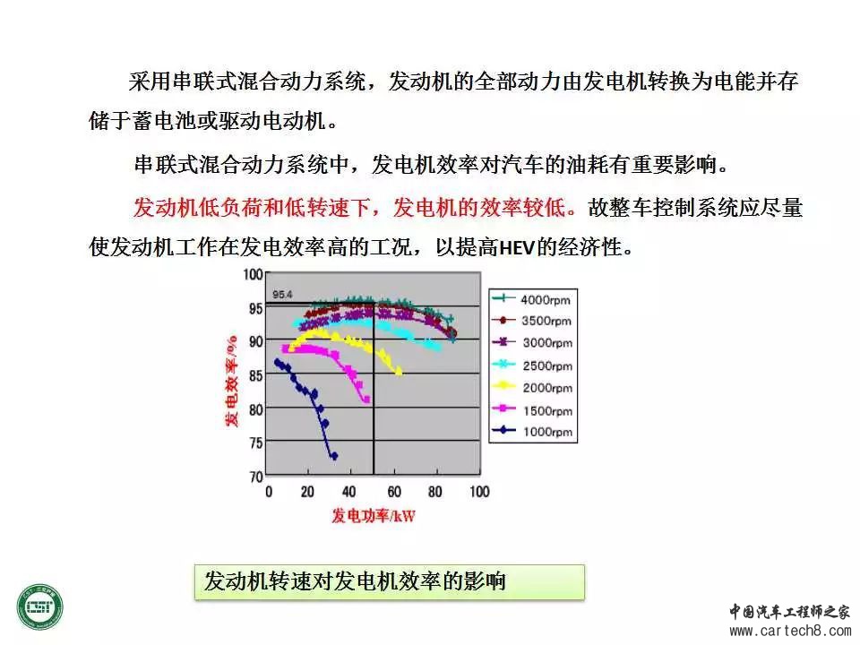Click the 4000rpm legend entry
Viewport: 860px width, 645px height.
click(532, 299)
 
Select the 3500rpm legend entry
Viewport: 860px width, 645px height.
click(532, 321)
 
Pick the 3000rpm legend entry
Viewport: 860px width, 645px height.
click(532, 343)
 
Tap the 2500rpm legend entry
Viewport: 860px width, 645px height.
click(532, 365)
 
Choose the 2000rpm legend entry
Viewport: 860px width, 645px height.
click(532, 388)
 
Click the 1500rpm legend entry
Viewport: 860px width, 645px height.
click(532, 410)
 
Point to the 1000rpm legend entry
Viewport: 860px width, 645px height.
click(532, 432)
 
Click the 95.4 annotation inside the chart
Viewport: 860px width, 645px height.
click(282, 295)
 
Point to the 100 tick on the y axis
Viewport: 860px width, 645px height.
click(253, 274)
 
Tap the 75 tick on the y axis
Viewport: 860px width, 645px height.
click(255, 443)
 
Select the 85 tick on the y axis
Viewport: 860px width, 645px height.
click(255, 375)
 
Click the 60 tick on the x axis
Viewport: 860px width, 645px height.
click(394, 492)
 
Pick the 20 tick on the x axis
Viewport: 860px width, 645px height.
click(307, 492)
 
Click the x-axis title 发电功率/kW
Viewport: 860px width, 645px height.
click(374, 516)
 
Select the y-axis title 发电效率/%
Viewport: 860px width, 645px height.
click(231, 381)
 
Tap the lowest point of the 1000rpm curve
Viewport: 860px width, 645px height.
click(333, 456)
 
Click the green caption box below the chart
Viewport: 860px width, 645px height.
click(390, 582)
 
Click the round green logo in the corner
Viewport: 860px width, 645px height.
click(40, 607)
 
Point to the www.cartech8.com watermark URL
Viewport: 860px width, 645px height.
click(790, 631)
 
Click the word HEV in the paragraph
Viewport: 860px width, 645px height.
click(517, 248)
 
